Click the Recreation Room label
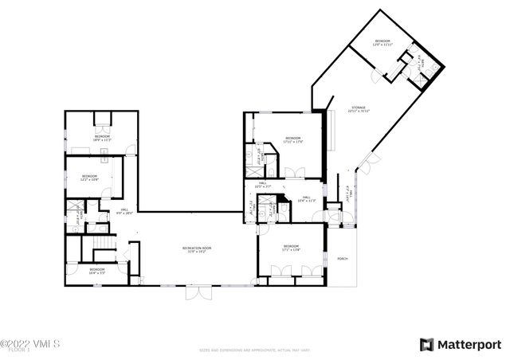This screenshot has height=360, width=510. (x=196, y=249)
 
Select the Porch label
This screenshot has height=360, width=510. (x=343, y=259)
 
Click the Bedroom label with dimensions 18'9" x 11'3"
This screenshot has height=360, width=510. (x=103, y=138)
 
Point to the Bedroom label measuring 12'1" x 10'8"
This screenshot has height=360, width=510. (x=88, y=177)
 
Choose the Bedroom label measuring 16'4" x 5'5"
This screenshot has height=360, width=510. (x=96, y=270)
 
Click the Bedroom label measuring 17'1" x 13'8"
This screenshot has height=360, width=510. (x=291, y=248)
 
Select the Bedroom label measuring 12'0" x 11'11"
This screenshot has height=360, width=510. (x=382, y=42)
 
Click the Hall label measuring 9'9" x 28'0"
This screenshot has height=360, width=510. (x=124, y=211)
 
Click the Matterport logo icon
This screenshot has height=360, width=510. (x=427, y=344)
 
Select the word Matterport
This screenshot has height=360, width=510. (x=469, y=344)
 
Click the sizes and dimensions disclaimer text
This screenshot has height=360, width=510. (x=254, y=349)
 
